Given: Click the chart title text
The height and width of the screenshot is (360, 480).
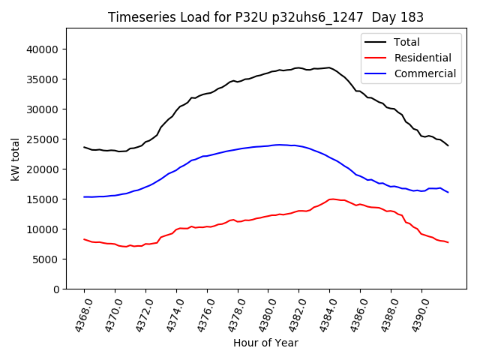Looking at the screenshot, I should [x=265, y=17].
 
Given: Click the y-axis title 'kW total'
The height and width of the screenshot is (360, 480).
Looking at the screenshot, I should [x=16, y=158].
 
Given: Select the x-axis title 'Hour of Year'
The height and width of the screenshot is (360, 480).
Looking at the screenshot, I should [x=265, y=343].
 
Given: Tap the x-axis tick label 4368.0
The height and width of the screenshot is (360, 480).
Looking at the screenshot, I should [x=78, y=313].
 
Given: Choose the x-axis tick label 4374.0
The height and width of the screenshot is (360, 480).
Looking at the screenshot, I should [x=170, y=313].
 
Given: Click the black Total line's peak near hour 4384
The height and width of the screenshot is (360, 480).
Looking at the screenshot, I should [x=328, y=67].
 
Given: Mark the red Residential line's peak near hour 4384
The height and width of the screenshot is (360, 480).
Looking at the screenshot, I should [x=331, y=199].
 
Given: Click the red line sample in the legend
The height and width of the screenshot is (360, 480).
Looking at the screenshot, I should [x=376, y=58].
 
